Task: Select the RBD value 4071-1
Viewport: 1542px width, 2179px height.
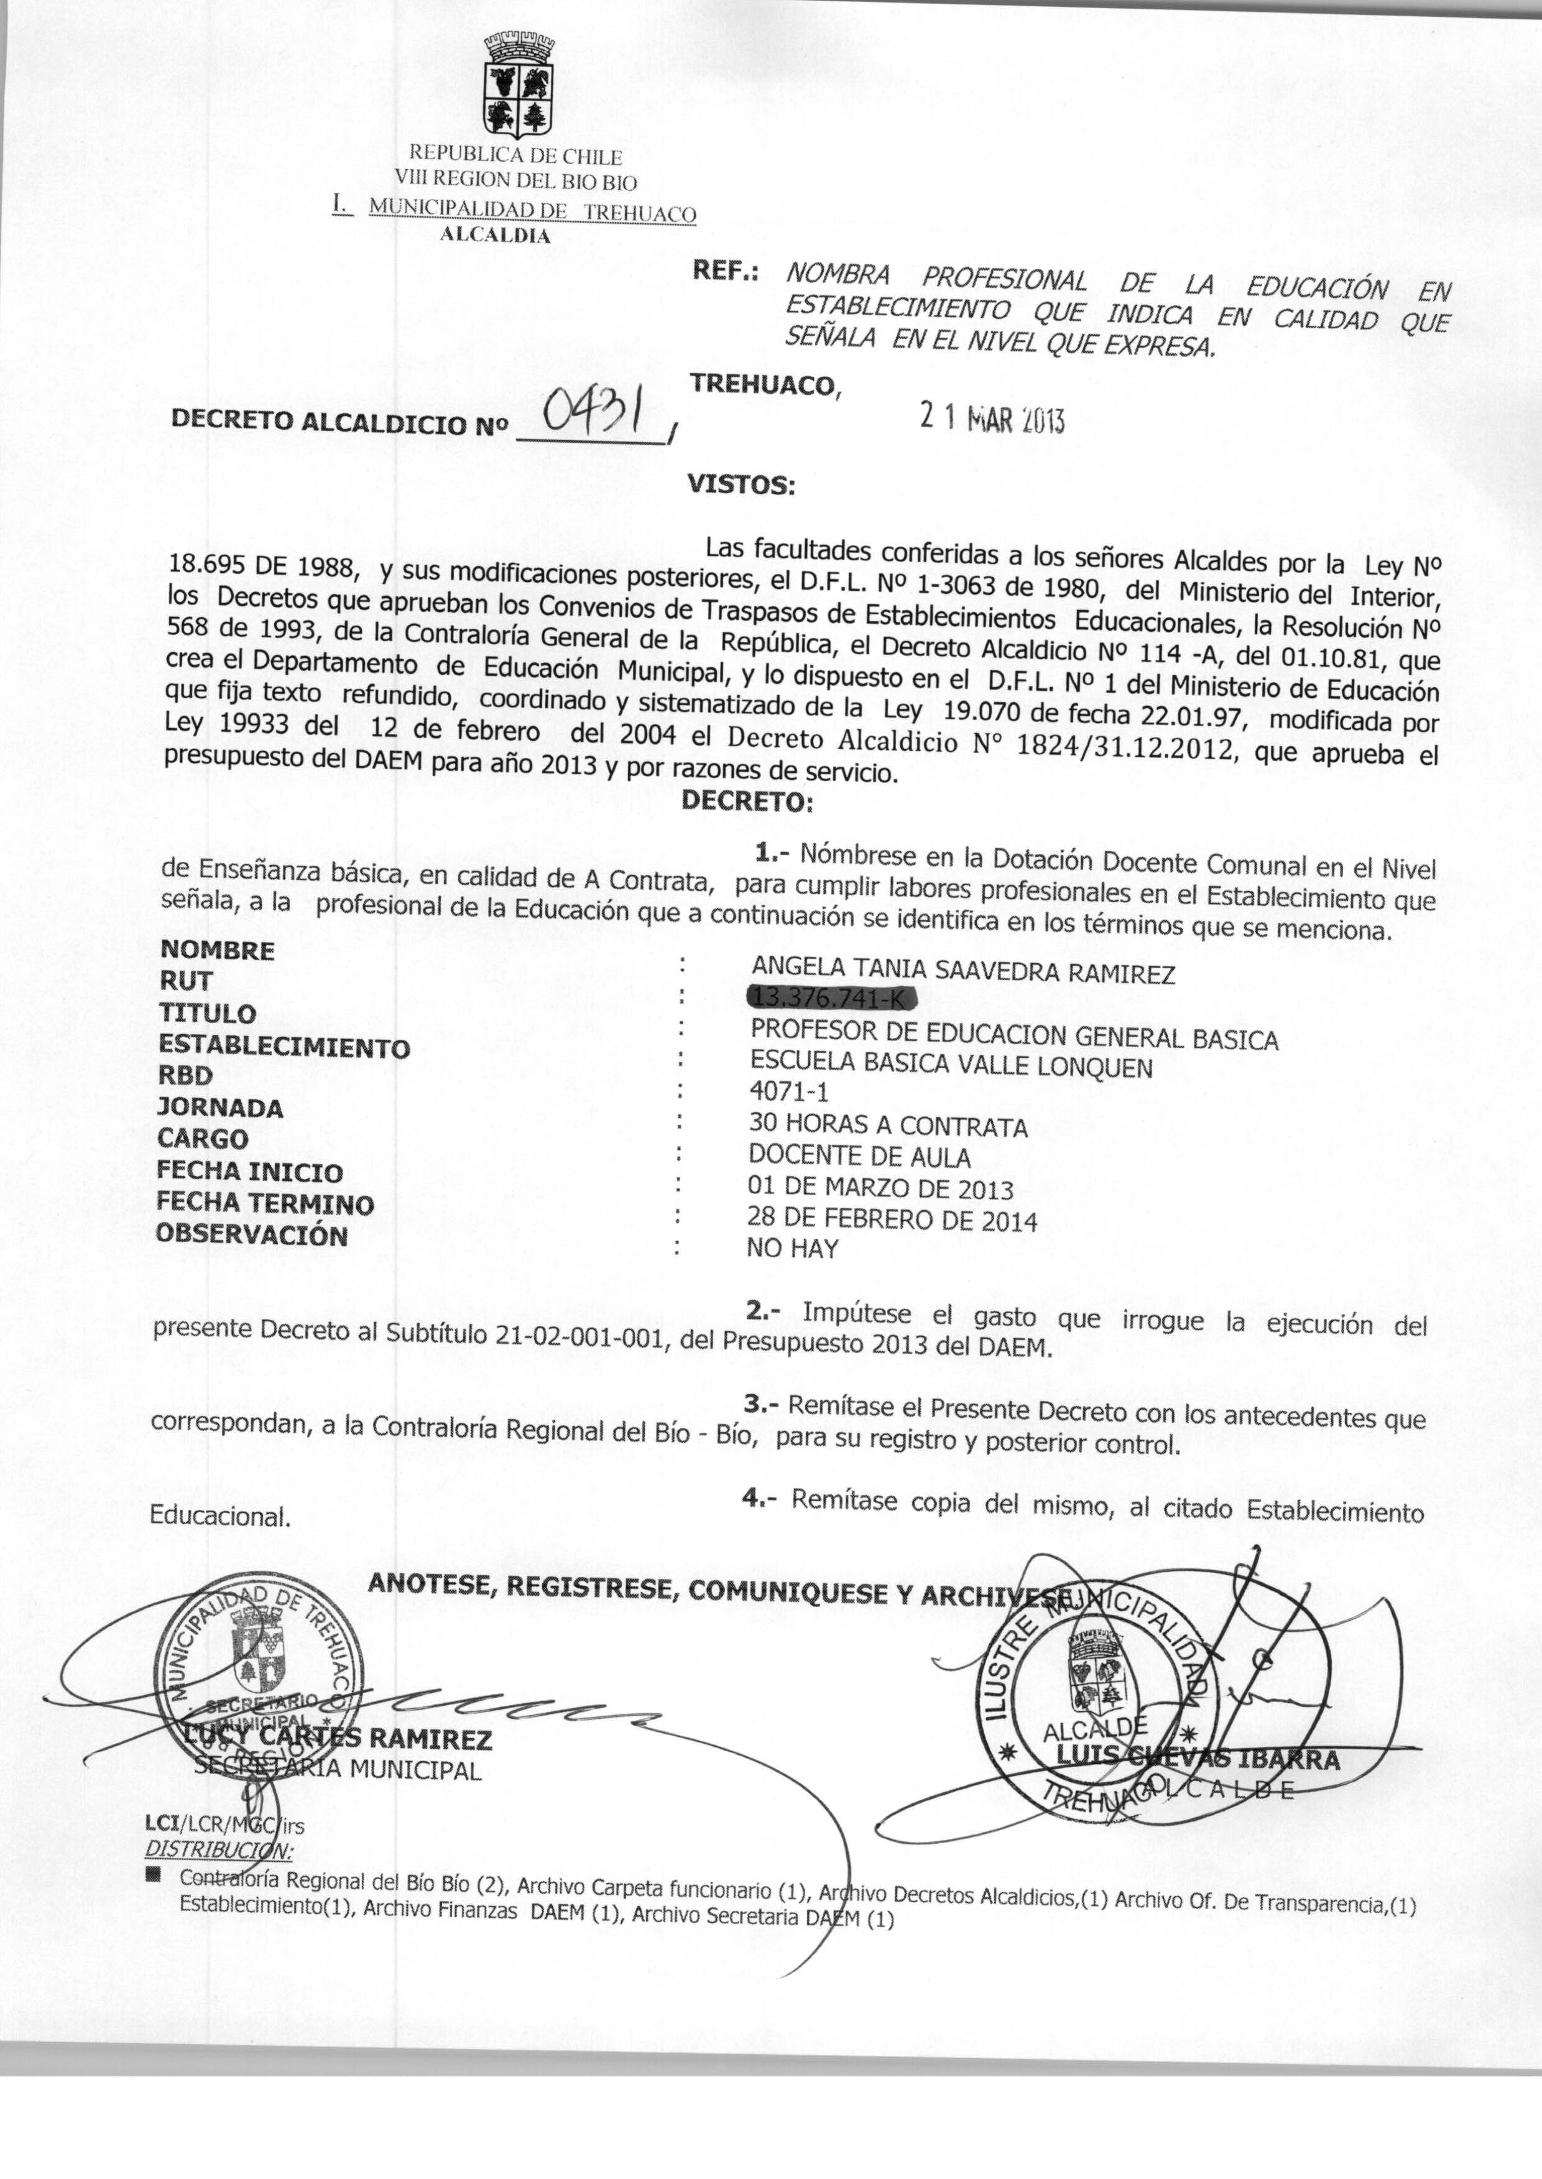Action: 789,1092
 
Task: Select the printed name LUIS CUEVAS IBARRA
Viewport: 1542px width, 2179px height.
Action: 1198,1759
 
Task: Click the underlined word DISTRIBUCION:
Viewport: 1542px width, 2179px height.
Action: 218,1849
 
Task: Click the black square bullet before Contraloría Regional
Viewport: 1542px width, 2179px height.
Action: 152,1875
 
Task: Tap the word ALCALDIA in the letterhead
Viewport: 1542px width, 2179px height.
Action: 496,236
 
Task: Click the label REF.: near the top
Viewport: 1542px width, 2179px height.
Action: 726,272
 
